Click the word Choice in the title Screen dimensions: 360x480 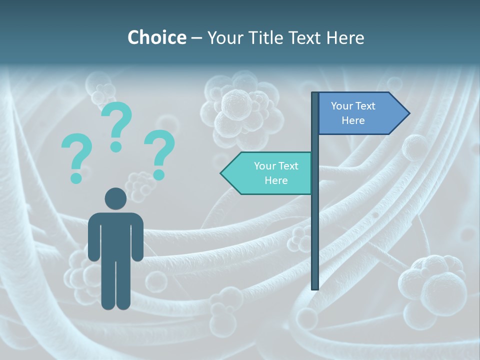pos(156,37)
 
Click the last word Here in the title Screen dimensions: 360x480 pos(345,38)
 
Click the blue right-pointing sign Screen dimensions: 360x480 pos(357,113)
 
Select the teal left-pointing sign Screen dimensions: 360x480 pos(270,173)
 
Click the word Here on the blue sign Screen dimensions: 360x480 pos(353,120)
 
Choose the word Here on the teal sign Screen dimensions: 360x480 pos(276,180)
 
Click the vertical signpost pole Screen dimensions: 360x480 pos(315,225)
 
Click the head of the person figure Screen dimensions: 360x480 pos(115,198)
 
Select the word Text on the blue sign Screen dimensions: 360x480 pos(365,106)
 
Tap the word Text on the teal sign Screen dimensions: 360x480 pos(288,166)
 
